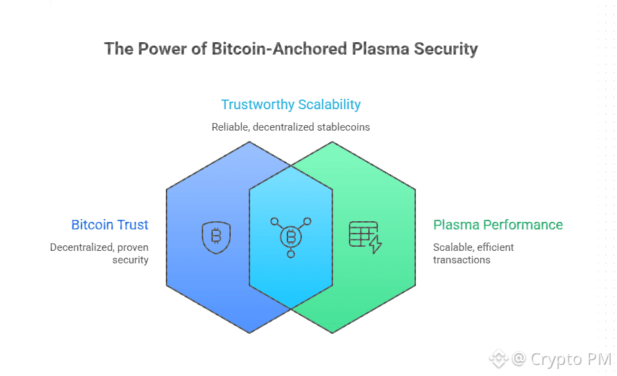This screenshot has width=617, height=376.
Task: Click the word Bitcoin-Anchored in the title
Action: click(x=279, y=49)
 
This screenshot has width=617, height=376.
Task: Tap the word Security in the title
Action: click(x=446, y=50)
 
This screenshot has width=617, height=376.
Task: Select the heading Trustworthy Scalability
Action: click(x=291, y=105)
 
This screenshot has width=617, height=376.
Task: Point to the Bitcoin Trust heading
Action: click(x=110, y=225)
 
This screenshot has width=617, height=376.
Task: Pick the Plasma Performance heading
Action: click(x=497, y=225)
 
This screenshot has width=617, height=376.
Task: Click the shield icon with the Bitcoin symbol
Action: click(x=216, y=237)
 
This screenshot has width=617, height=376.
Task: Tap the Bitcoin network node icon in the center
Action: click(x=291, y=237)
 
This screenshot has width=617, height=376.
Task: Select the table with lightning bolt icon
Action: click(x=366, y=237)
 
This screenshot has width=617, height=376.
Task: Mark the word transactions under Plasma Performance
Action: click(x=462, y=260)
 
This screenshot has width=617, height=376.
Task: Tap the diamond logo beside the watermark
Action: click(x=499, y=359)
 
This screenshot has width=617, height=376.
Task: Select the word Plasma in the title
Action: click(x=381, y=49)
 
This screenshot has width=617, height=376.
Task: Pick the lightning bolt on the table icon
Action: click(x=375, y=244)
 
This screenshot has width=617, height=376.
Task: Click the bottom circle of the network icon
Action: click(x=291, y=254)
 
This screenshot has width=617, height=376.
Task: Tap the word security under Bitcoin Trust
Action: click(x=131, y=260)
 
